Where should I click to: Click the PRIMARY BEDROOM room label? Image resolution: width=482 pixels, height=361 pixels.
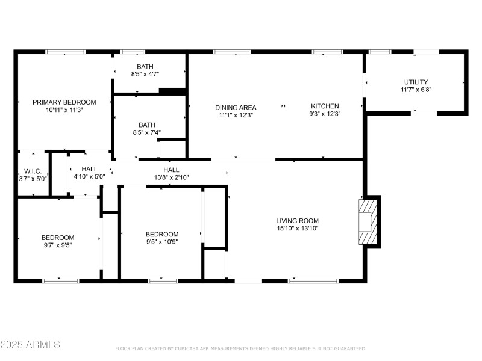click(64, 102)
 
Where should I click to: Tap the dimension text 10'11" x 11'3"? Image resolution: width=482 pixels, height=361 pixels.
click(64, 110)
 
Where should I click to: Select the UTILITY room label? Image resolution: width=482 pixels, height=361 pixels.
click(416, 82)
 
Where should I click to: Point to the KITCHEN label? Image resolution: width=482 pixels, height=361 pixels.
click(325, 106)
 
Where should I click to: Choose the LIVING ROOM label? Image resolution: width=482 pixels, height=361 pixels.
click(297, 221)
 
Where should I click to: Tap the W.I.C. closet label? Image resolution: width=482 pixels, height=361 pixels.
click(33, 171)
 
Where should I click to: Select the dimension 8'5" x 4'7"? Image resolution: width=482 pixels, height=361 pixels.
click(145, 74)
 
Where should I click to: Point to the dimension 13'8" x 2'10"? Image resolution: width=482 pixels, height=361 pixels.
click(171, 177)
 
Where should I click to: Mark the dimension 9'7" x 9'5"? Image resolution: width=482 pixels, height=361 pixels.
click(58, 245)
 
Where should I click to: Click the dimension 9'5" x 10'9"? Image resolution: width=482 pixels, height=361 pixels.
click(162, 242)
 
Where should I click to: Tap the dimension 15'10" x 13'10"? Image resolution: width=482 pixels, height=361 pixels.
click(297, 229)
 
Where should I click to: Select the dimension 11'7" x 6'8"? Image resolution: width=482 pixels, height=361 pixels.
click(416, 90)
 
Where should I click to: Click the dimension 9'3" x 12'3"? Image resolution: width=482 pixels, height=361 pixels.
click(325, 114)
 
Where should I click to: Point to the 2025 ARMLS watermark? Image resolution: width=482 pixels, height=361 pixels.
click(30, 345)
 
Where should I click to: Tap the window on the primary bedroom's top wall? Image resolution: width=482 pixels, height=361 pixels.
click(66, 52)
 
